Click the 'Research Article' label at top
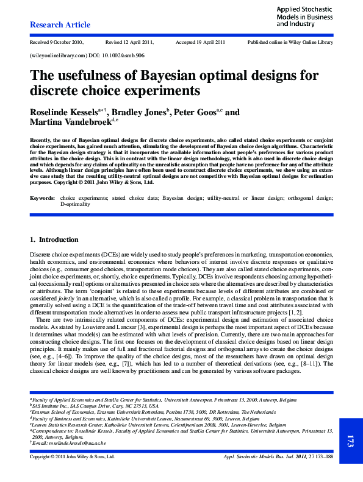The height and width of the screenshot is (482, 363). pos(60,25)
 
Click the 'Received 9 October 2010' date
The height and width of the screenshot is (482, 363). pos(56,42)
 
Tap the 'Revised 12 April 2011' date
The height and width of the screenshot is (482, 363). pos(129,42)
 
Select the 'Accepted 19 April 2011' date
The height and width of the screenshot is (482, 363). pos(200,42)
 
